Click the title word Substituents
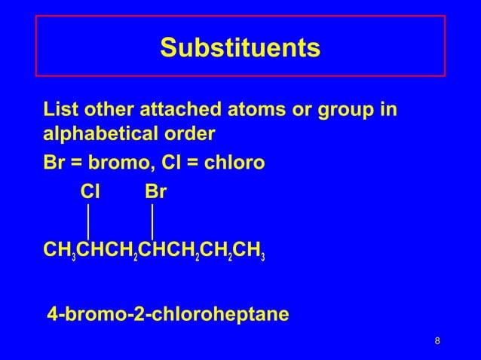click(240, 47)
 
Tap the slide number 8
click(438, 343)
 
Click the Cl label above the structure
click(90, 192)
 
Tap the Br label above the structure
click(155, 192)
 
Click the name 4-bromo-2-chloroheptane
click(167, 313)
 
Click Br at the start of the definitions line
click(54, 163)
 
